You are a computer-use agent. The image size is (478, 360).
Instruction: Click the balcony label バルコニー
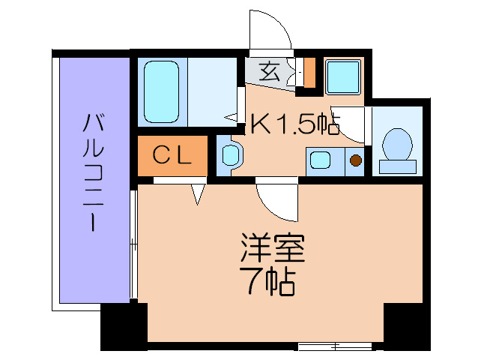(x=93, y=172)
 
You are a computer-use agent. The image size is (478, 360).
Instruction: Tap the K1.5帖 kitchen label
(x=294, y=124)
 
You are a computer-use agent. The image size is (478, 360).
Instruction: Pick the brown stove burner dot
(x=356, y=160)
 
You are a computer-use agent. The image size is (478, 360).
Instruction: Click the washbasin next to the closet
(x=230, y=155)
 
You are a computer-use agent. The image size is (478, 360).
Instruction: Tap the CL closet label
(x=172, y=154)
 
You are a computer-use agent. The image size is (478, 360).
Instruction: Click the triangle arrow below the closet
(x=199, y=193)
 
